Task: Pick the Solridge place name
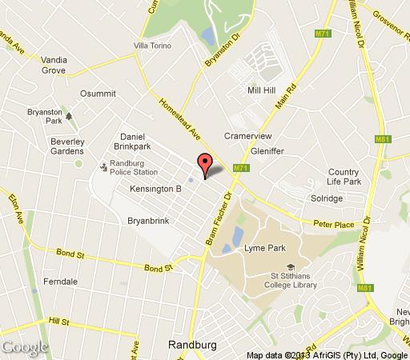tap(325, 198)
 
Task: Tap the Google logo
tap(24, 347)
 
